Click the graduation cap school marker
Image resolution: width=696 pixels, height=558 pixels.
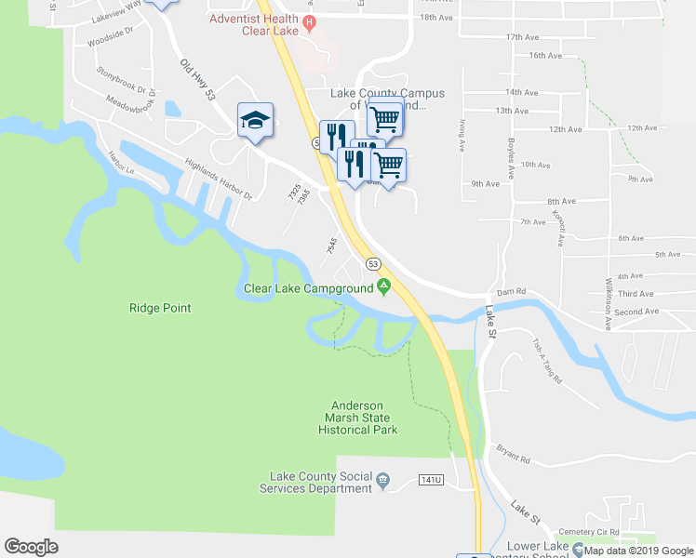tap(255, 121)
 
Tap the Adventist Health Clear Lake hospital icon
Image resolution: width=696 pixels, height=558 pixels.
tap(311, 22)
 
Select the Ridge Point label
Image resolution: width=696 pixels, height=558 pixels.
tap(160, 308)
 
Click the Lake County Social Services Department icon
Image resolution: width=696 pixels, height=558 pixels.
tap(382, 482)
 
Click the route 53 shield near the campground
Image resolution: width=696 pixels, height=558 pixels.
tap(373, 264)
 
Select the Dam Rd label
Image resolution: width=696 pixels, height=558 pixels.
tap(512, 292)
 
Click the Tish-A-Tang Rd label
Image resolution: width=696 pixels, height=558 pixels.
tap(547, 363)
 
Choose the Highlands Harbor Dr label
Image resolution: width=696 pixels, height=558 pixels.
tap(219, 179)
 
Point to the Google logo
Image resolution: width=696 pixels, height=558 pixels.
tap(32, 547)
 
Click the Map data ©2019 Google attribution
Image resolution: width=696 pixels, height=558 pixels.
tap(638, 551)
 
